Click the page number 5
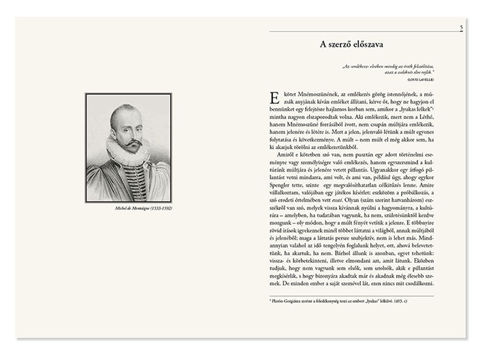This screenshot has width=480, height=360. tap(461, 27)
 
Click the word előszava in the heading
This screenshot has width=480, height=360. tap(366, 45)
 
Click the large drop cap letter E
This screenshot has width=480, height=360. tap(274, 97)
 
